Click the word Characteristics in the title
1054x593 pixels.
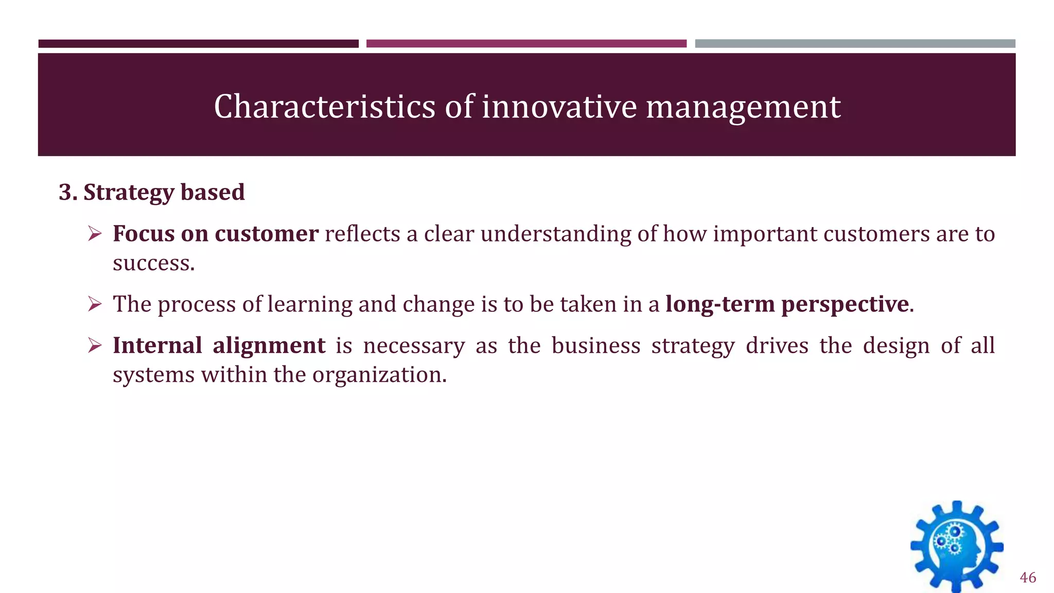[324, 107]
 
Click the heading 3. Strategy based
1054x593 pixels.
[151, 192]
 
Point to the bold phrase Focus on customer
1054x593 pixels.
[215, 234]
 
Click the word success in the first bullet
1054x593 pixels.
[153, 263]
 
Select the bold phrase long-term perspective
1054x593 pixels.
[787, 304]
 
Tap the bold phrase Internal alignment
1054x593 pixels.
[219, 345]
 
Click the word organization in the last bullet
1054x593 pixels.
[379, 375]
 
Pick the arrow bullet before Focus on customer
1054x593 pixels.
[95, 234]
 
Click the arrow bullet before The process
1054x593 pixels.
[95, 304]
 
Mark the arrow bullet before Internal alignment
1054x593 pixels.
[95, 345]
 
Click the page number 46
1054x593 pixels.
[1027, 578]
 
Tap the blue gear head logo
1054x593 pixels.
[957, 547]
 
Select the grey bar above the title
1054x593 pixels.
[855, 44]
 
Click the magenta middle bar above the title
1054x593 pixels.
[526, 44]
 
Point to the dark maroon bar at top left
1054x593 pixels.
[198, 44]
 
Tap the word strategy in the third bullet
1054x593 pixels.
[693, 345]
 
